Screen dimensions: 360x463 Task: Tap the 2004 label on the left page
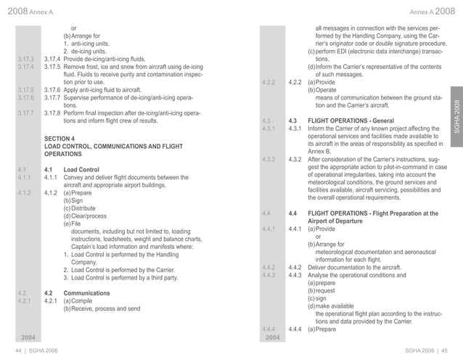(x=28, y=337)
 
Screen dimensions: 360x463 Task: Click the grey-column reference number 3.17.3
(x=27, y=58)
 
